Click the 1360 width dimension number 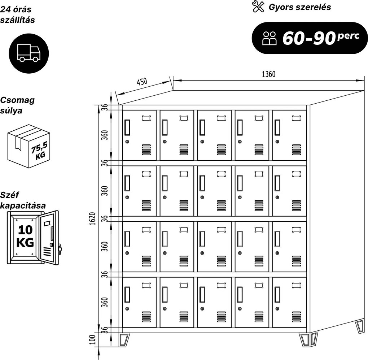tap(268, 74)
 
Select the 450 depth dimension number tap(142, 82)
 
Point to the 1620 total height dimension tap(93, 218)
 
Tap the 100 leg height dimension tap(93, 339)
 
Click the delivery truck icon tap(29, 53)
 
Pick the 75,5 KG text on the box tap(40, 151)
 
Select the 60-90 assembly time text tap(309, 38)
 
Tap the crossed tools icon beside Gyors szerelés tap(258, 6)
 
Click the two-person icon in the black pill tap(270, 38)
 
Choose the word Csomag tap(17, 100)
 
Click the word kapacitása tap(23, 206)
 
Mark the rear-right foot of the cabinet tap(360, 326)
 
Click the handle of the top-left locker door tap(127, 127)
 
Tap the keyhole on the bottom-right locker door tap(277, 309)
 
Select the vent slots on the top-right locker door tap(297, 150)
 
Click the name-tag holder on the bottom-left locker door tap(146, 285)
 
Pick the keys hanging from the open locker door tap(60, 249)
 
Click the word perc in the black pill tap(348, 36)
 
